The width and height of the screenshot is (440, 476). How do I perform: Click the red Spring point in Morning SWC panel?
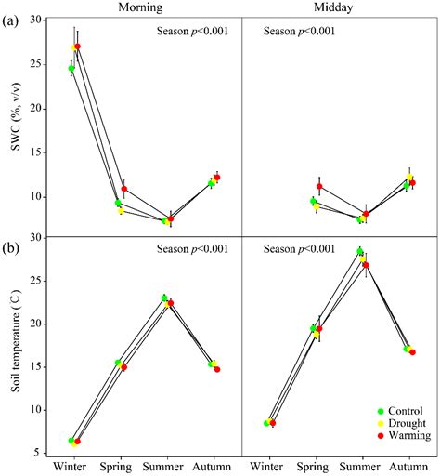pos(124,189)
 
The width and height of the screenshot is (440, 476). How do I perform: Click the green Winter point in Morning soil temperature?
pos(71,440)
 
